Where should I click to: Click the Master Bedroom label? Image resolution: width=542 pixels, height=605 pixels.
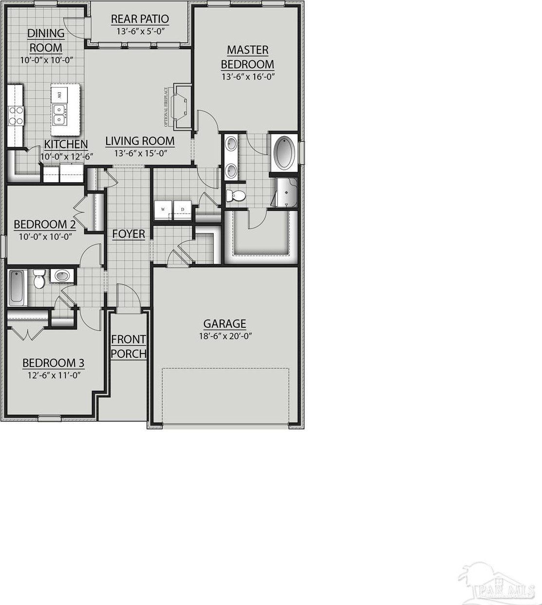[247, 57]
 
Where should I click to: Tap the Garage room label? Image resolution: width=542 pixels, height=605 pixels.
[224, 323]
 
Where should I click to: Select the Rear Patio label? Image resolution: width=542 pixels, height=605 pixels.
[140, 19]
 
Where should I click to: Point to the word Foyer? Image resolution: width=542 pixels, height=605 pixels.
[129, 234]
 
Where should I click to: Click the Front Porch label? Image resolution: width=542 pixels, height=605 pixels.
[129, 346]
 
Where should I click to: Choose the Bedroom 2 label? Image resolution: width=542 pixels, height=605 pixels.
[44, 225]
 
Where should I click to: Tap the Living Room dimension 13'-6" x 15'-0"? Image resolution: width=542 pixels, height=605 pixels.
[140, 153]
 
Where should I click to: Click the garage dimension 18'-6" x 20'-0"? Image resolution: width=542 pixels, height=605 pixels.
[224, 336]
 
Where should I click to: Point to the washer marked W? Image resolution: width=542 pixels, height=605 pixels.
[163, 210]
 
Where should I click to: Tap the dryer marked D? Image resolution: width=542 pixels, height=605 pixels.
[182, 210]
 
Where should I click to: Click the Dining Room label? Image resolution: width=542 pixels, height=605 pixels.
[46, 40]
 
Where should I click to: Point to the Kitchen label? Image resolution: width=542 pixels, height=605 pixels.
[66, 144]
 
